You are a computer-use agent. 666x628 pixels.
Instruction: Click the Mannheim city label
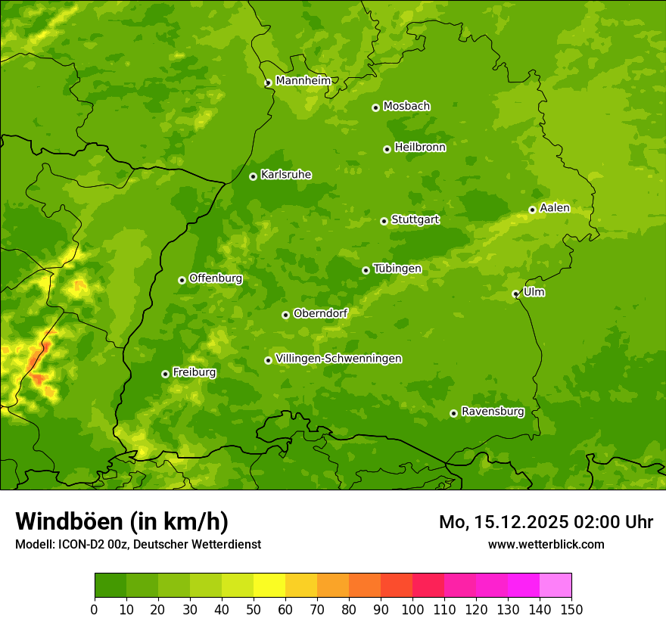[x=303, y=81]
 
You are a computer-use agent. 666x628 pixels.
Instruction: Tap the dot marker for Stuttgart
[x=384, y=221]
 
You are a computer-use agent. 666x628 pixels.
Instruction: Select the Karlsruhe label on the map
[x=286, y=175]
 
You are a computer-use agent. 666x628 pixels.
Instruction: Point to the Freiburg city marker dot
[x=165, y=374]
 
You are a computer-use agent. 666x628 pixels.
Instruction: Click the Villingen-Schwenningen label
[x=339, y=359]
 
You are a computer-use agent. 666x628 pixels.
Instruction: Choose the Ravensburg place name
[x=493, y=412]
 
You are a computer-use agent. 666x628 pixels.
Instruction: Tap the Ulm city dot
[x=515, y=294]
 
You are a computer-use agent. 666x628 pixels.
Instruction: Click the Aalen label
[x=555, y=208]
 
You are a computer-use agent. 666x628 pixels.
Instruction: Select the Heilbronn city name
[x=420, y=148]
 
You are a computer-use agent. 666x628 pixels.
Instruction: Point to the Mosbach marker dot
[x=375, y=107]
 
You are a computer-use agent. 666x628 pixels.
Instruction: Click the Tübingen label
[x=397, y=269]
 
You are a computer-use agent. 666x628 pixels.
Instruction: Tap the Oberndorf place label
[x=321, y=313]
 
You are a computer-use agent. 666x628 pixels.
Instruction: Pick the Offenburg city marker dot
[x=182, y=280]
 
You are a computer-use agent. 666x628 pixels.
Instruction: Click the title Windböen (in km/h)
[x=122, y=521]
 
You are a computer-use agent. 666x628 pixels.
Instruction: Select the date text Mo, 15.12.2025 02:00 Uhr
[x=546, y=522]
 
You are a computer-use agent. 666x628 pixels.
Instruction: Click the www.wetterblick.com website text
[x=546, y=544]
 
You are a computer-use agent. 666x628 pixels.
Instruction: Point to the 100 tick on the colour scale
[x=412, y=608]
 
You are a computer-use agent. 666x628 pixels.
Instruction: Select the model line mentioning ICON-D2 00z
[x=138, y=544]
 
